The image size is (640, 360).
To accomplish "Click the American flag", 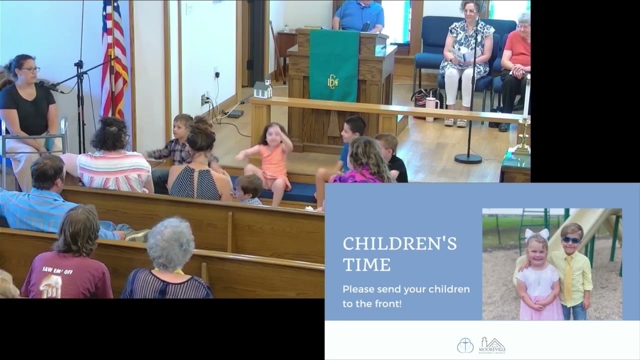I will (113, 60).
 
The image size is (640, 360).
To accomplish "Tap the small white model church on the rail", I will (262, 89).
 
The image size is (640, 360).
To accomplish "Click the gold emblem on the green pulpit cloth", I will (332, 81).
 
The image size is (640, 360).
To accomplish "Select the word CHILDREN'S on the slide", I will (399, 244).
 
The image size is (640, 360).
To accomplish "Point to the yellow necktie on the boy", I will (568, 278).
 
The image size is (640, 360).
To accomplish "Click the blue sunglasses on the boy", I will (571, 240).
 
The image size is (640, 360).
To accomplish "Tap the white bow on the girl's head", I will (536, 233).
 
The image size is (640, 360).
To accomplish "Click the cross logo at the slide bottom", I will (465, 345).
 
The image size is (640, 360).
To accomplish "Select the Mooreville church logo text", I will (492, 345).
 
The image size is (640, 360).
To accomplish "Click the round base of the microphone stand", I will (468, 158).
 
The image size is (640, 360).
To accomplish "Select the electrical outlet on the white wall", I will (204, 99).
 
